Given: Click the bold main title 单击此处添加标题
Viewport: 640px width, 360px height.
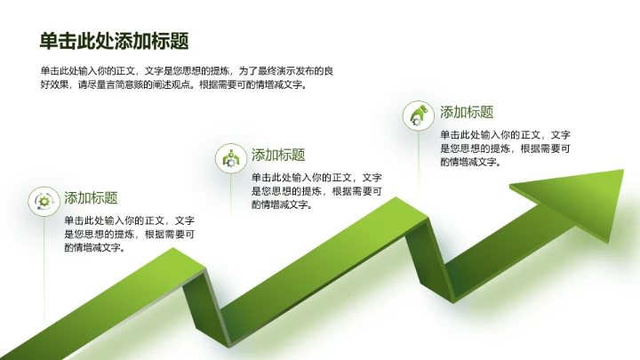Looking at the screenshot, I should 114,42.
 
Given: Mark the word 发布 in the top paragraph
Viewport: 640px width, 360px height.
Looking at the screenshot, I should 305,70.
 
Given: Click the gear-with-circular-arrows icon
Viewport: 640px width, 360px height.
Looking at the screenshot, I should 43,201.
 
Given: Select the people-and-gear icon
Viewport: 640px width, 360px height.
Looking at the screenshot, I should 231,158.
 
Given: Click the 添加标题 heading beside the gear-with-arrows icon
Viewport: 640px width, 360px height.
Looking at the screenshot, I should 91,197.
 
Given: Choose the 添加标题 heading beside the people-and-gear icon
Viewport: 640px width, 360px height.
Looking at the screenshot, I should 278,155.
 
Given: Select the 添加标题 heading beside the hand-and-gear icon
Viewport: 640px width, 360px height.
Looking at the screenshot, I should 467,112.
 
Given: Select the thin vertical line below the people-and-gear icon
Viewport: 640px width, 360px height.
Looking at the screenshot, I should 231,196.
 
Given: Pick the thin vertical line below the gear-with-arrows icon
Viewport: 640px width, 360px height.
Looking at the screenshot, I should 43,240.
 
